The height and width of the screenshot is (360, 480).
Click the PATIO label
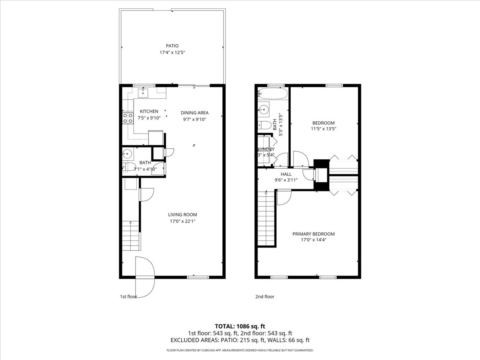[x=172, y=46]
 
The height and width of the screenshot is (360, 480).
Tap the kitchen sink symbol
[x=143, y=93]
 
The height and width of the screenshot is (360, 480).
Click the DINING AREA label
[x=194, y=113]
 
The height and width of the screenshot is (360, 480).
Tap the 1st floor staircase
[x=131, y=236]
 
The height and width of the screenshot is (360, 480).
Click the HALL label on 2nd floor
[x=286, y=174]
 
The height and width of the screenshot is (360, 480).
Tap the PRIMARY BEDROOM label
[x=313, y=234]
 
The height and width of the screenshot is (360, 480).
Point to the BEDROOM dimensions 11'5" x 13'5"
[x=324, y=129]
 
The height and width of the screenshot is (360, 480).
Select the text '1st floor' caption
[x=128, y=297]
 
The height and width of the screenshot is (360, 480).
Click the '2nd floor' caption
[x=265, y=297]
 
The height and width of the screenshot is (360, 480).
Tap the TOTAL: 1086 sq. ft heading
[x=240, y=326]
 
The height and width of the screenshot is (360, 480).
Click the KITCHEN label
[x=149, y=111]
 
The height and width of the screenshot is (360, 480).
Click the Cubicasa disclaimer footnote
[x=240, y=350]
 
